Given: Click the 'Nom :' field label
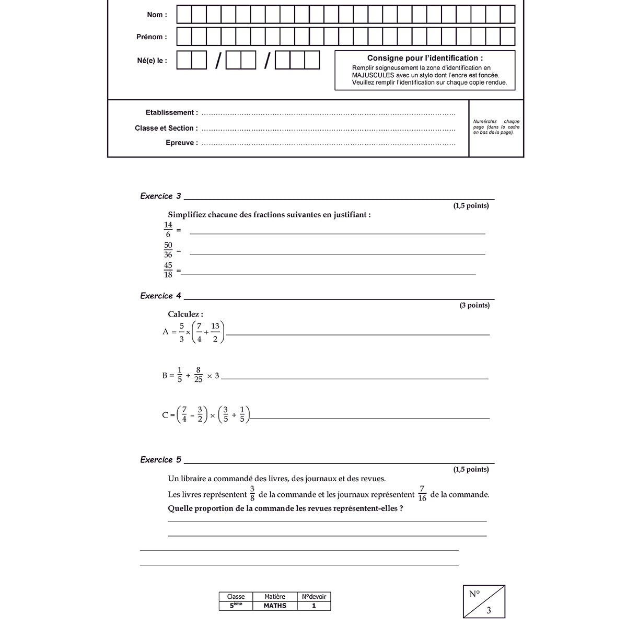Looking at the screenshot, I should tap(157, 15).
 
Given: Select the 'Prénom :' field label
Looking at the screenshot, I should tap(152, 37).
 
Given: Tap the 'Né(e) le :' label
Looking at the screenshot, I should tap(152, 61).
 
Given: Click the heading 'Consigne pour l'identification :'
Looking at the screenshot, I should tap(425, 58).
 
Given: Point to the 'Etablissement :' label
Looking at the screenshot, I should tap(171, 112).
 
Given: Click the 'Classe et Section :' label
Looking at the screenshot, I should tap(166, 128).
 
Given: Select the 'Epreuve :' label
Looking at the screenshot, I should tap(181, 143).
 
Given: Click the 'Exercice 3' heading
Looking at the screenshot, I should tap(160, 196).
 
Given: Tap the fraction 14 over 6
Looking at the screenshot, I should tap(168, 230).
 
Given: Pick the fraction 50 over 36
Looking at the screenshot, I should tap(168, 250).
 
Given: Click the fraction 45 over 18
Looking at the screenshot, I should tap(168, 270).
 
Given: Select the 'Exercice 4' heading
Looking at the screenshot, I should tap(160, 296).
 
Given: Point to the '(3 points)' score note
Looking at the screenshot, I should tap(474, 305).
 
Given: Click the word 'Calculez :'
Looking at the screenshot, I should tap(185, 314).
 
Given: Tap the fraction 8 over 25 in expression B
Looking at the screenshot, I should tap(198, 375).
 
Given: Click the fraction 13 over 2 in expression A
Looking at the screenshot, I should tap(215, 332).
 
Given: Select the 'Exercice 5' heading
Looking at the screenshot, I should tap(160, 460).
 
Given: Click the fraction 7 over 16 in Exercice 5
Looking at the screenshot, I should tap(422, 494).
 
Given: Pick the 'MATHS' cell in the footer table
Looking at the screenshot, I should tap(275, 606).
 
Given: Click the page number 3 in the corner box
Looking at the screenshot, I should tap(489, 610).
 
